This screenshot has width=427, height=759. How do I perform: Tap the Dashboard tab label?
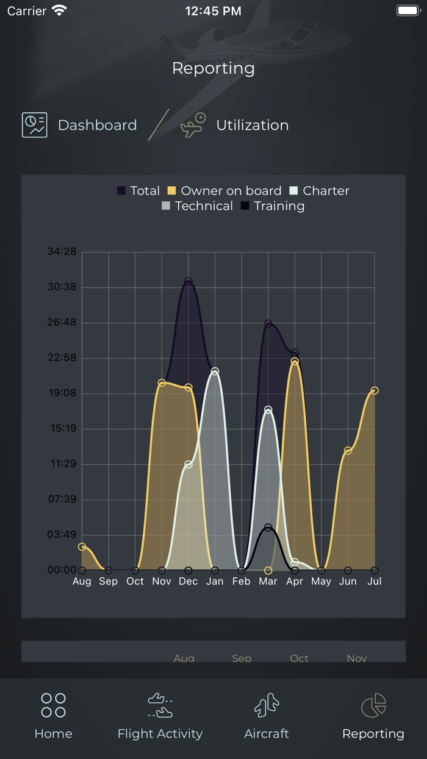[x=97, y=125]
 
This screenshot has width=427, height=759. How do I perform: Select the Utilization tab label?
[x=252, y=125]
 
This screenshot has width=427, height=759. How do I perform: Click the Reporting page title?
[x=213, y=68]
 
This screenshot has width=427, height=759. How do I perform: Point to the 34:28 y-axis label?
[x=62, y=251]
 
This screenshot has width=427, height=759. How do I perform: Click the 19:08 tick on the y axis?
[x=62, y=393]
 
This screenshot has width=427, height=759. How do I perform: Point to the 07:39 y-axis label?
[x=62, y=499]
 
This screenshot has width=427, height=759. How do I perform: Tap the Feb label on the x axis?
[x=242, y=581]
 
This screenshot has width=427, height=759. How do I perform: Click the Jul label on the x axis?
[x=375, y=581]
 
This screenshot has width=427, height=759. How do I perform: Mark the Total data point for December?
[x=188, y=281]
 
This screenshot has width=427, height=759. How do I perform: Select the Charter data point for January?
[x=215, y=371]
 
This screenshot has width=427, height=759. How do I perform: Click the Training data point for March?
[x=268, y=527]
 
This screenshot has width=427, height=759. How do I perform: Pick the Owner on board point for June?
[x=348, y=451]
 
